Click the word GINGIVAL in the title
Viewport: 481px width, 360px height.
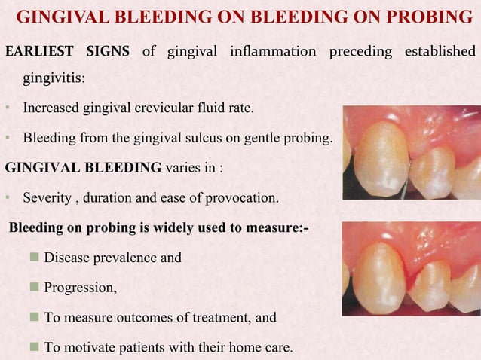pos(56,17)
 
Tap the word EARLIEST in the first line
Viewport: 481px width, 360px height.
pos(38,51)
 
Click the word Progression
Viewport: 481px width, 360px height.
pos(80,288)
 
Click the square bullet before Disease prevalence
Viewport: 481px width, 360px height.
pos(33,258)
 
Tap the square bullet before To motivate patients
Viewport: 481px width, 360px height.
pos(33,348)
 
